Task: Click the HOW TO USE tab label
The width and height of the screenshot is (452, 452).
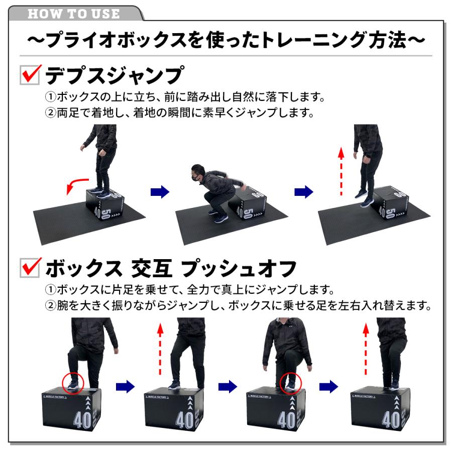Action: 74,13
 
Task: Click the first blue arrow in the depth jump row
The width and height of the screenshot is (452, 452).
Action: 160,192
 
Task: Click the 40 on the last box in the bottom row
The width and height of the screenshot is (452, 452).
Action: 391,419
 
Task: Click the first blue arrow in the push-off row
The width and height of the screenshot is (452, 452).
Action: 125,386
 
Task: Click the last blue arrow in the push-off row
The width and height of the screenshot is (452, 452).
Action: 329,386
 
